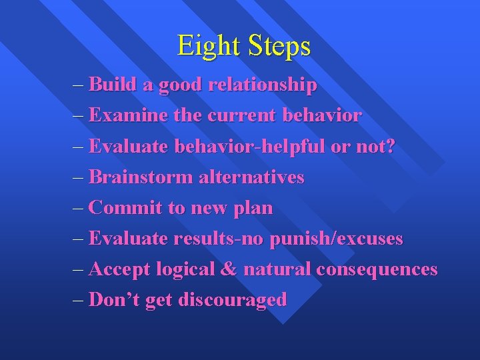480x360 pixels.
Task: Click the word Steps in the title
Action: pos(279,46)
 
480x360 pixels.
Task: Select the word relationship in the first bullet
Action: pos(263,85)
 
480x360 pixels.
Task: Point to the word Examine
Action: pos(128,116)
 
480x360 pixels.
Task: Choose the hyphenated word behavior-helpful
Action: pos(250,147)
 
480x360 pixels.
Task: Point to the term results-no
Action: pos(219,239)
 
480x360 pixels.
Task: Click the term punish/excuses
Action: pos(337,239)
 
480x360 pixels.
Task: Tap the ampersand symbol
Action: pos(228,269)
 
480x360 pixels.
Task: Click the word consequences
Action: pos(377,270)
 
